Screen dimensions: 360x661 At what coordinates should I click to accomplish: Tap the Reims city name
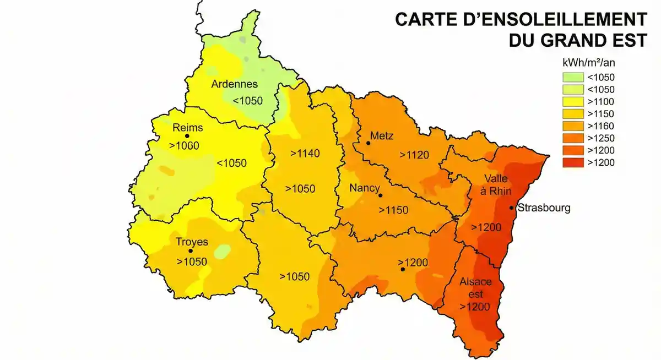click(188, 128)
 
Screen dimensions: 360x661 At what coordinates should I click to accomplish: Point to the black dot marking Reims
click(187, 136)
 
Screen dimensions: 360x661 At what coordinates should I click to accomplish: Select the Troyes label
click(192, 242)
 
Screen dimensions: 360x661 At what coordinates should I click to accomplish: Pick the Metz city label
click(382, 135)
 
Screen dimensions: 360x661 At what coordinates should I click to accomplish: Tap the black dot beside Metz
click(368, 143)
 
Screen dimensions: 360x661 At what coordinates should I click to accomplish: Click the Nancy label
click(365, 188)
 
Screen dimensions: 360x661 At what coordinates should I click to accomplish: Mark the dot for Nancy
click(380, 195)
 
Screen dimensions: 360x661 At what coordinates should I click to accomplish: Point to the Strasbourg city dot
click(512, 208)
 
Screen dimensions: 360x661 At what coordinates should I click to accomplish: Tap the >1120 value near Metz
click(414, 155)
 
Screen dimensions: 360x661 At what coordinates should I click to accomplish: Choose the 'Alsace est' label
click(475, 287)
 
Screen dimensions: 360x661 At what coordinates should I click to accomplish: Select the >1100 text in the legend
click(600, 102)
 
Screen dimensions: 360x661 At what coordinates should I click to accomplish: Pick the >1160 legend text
click(600, 126)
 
